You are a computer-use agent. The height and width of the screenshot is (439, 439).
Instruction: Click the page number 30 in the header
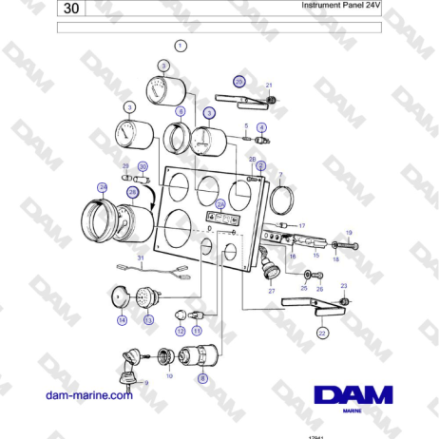pos(72,10)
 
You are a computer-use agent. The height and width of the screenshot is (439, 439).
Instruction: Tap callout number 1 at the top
pos(181,45)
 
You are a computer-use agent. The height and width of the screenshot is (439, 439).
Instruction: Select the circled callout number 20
pos(239,82)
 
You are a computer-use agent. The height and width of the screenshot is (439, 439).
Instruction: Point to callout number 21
pos(269,86)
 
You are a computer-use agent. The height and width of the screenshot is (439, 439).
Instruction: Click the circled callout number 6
pos(180,111)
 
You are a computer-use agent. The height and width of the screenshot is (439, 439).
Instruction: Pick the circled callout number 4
pos(261,126)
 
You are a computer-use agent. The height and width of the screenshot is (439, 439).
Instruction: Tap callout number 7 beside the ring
pos(280,175)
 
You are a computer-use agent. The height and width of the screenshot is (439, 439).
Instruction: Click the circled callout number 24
pos(103,187)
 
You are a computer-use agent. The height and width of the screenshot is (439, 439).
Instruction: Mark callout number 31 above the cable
pos(140,258)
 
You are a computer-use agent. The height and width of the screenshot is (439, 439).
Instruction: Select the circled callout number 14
pos(122,321)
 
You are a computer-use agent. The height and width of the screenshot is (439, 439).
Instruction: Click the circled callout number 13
pos(147,321)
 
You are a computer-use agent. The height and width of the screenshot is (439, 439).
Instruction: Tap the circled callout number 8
pos(202,378)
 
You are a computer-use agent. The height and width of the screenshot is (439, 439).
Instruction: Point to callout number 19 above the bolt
pos(348,233)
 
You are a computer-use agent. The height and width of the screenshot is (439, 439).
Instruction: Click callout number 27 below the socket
pos(271,292)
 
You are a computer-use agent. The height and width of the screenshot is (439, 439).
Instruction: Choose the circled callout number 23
pos(344,286)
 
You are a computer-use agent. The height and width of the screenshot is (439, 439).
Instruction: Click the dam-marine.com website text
pos(91,396)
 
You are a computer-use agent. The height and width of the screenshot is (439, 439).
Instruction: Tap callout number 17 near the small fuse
pos(302,225)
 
